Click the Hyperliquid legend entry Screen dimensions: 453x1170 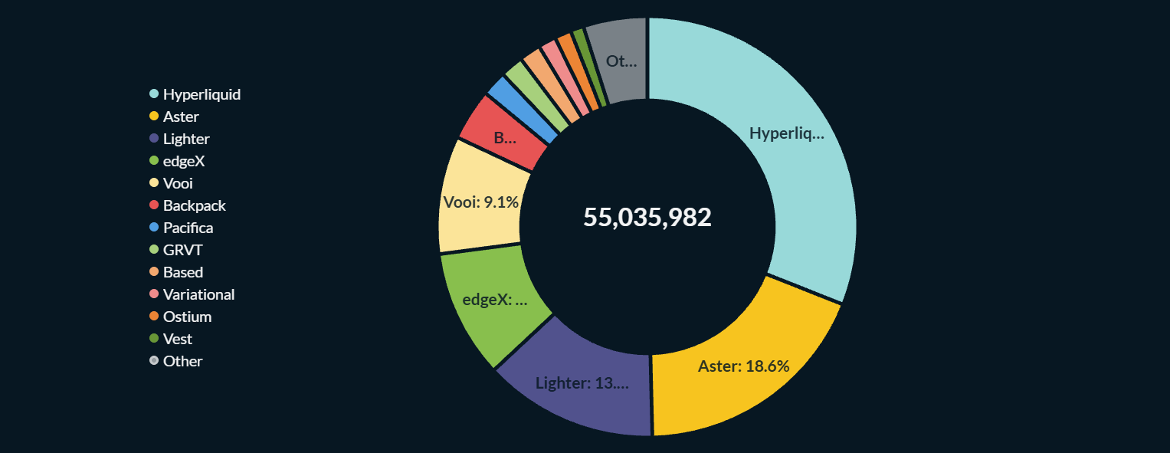(202, 94)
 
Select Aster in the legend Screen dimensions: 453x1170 (181, 117)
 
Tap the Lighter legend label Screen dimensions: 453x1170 (186, 139)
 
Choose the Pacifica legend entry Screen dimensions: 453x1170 (188, 228)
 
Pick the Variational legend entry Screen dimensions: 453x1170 (198, 294)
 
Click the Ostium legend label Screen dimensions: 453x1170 (187, 317)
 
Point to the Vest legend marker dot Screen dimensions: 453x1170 (154, 339)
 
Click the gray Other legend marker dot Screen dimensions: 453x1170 (154, 361)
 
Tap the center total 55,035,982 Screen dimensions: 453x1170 (647, 217)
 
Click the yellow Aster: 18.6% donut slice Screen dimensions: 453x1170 (743, 366)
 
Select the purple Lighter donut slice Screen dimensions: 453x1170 (582, 382)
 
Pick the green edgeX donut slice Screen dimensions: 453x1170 (495, 300)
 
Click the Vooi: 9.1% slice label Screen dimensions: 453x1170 (481, 202)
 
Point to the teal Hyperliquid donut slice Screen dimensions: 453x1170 (785, 134)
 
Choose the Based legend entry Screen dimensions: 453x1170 (183, 272)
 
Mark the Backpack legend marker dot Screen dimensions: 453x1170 (154, 205)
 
